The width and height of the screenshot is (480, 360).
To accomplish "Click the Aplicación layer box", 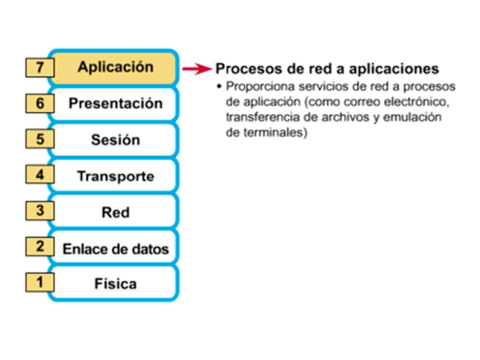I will [x=115, y=67].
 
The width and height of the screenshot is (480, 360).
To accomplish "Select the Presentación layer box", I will [x=115, y=103].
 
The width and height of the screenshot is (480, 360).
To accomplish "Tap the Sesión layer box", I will [x=115, y=139].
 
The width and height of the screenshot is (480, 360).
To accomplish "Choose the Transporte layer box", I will [x=115, y=176].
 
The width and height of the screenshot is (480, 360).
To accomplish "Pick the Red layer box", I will [x=115, y=212].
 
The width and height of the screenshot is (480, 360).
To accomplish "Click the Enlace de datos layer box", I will [x=115, y=248].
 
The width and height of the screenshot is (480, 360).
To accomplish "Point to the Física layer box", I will [x=115, y=284].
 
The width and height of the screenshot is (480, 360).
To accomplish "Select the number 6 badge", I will [x=39, y=104].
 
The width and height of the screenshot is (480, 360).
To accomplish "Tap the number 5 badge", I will [x=39, y=139].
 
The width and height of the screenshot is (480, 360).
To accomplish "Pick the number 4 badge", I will [x=39, y=175].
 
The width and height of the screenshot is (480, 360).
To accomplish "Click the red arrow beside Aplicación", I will [x=196, y=69].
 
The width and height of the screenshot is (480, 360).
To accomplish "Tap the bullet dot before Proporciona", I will [x=219, y=86].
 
